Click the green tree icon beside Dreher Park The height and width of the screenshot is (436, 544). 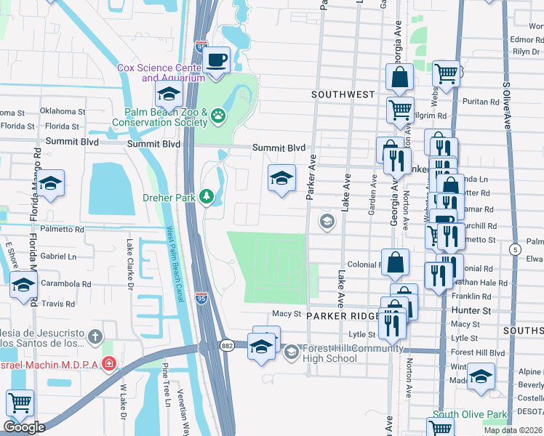(x=207, y=196)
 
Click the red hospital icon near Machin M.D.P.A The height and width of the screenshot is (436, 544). (x=108, y=362)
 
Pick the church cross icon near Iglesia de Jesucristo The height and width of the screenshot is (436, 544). (x=95, y=336)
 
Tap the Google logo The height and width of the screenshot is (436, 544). (x=24, y=427)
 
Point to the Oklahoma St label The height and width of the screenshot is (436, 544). (x=62, y=111)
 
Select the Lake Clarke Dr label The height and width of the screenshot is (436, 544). (x=132, y=265)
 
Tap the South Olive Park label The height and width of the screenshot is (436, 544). (x=469, y=415)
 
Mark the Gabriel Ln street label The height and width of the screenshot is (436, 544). (x=58, y=257)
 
